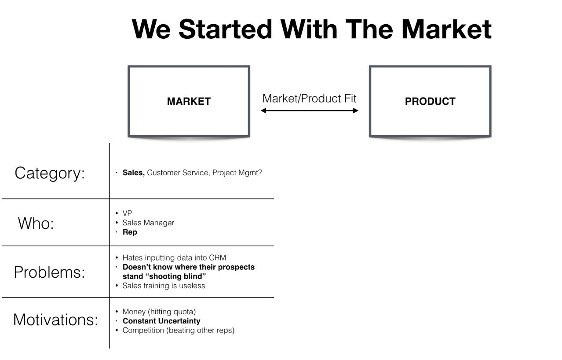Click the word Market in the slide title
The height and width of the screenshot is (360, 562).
[446, 29]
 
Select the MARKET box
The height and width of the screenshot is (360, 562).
[189, 101]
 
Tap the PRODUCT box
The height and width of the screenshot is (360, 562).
[430, 101]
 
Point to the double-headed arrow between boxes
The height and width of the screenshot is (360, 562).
[310, 110]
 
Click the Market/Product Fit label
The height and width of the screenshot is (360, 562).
[310, 98]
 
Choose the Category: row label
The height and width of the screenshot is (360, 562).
[50, 173]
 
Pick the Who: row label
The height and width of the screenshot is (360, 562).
[36, 223]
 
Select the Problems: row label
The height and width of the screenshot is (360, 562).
[49, 272]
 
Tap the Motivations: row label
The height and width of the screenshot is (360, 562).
[55, 320]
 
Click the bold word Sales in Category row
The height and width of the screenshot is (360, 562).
[133, 173]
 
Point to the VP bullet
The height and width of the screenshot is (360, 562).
[127, 213]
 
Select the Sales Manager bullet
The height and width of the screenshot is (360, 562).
[148, 223]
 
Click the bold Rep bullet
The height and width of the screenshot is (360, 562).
[130, 232]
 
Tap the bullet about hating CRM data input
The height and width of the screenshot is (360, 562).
[174, 257]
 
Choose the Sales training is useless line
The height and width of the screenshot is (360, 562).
[164, 286]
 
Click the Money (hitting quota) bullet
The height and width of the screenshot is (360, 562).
[159, 312]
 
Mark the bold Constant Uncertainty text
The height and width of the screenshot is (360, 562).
[161, 321]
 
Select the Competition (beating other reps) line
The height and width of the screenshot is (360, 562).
[178, 330]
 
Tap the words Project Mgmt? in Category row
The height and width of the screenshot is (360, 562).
[237, 173]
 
